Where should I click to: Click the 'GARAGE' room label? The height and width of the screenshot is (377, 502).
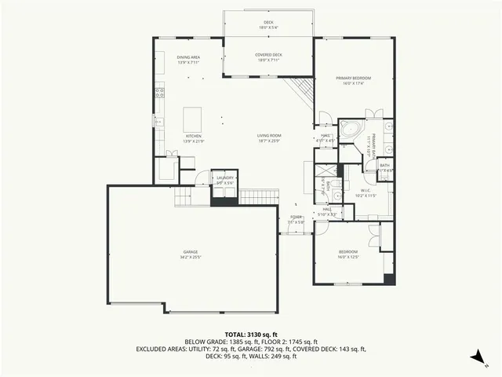(191, 251)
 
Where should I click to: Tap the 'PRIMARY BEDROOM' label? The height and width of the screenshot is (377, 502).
(353, 79)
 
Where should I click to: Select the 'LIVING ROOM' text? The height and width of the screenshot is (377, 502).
(269, 136)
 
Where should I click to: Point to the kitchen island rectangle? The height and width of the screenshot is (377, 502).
(192, 119)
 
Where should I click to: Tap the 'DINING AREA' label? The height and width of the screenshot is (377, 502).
(188, 57)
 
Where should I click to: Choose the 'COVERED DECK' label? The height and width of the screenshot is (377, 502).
(268, 55)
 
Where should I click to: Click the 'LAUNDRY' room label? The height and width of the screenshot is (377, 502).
(225, 178)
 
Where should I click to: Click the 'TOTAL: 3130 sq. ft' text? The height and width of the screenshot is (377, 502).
(251, 334)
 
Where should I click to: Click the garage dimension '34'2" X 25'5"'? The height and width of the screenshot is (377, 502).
(191, 257)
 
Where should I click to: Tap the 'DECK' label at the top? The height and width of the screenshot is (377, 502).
(268, 22)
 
